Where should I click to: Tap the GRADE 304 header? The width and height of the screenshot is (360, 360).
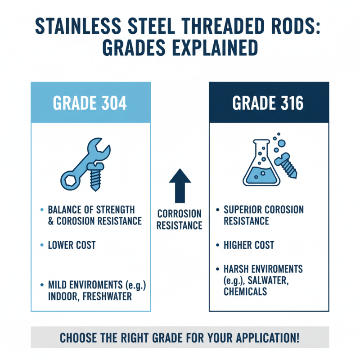90,103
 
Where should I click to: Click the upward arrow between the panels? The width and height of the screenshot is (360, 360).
180,184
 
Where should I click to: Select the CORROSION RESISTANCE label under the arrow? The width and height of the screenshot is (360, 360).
180,219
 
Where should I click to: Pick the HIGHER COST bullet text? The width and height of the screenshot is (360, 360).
249,245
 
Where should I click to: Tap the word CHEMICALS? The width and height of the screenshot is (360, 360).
245,292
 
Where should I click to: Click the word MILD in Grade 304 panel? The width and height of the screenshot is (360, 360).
57,285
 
